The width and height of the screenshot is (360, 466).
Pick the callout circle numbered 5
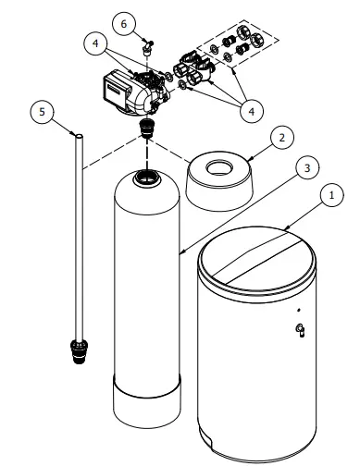pos(39,112)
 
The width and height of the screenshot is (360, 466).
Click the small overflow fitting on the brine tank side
pos(298,331)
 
